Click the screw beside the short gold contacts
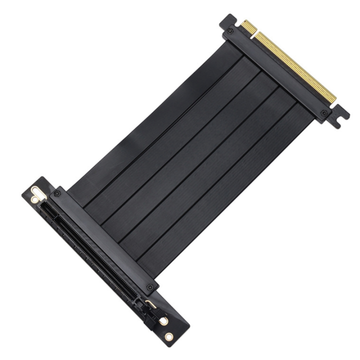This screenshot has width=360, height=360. click(230, 31)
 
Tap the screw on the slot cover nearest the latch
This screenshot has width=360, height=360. click(150, 287)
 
